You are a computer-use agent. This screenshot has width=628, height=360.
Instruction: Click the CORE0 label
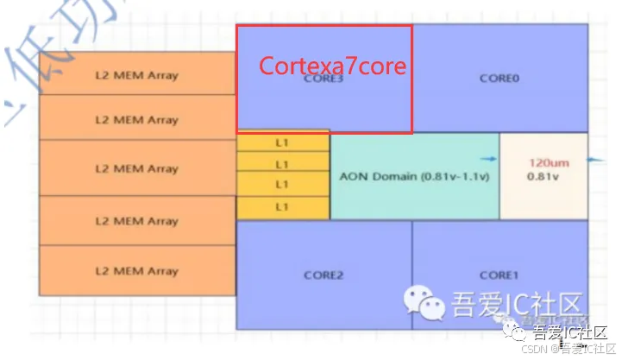coord(499,78)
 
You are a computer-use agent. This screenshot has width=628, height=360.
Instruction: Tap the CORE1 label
coord(498,275)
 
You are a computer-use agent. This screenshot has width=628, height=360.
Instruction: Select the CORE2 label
coord(323,275)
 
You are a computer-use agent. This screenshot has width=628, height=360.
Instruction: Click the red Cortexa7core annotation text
coord(332,66)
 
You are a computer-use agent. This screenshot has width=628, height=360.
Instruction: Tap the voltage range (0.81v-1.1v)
coord(452,176)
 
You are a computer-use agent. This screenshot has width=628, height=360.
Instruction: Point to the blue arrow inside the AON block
coord(489,160)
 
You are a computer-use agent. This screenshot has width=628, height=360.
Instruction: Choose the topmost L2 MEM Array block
coord(136,74)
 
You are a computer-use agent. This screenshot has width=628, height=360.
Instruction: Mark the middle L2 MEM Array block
coord(136,168)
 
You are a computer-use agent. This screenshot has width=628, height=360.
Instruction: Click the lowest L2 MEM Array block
coord(136,270)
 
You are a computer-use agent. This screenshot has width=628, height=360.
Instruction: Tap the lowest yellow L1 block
coord(282,207)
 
